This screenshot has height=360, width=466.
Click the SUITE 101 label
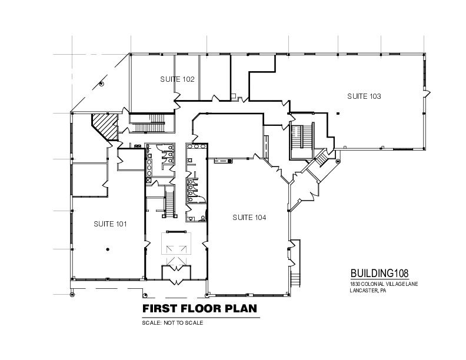click(110, 224)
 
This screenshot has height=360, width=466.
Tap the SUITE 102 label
click(177, 79)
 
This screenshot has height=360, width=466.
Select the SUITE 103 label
click(364, 96)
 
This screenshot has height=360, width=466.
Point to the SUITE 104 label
click(249, 218)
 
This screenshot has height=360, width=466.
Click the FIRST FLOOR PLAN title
click(199, 309)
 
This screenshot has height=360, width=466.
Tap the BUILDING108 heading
click(380, 273)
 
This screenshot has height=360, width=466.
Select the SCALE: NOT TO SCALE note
click(172, 322)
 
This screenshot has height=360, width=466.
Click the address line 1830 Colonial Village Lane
click(384, 284)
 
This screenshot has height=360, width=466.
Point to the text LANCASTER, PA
click(368, 291)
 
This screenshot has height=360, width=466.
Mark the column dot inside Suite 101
click(108, 249)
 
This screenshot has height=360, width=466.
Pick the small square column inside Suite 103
click(338, 113)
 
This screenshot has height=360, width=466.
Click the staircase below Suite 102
click(152, 123)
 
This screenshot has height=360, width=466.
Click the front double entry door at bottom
click(177, 281)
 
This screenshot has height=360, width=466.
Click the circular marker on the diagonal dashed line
click(101, 84)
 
